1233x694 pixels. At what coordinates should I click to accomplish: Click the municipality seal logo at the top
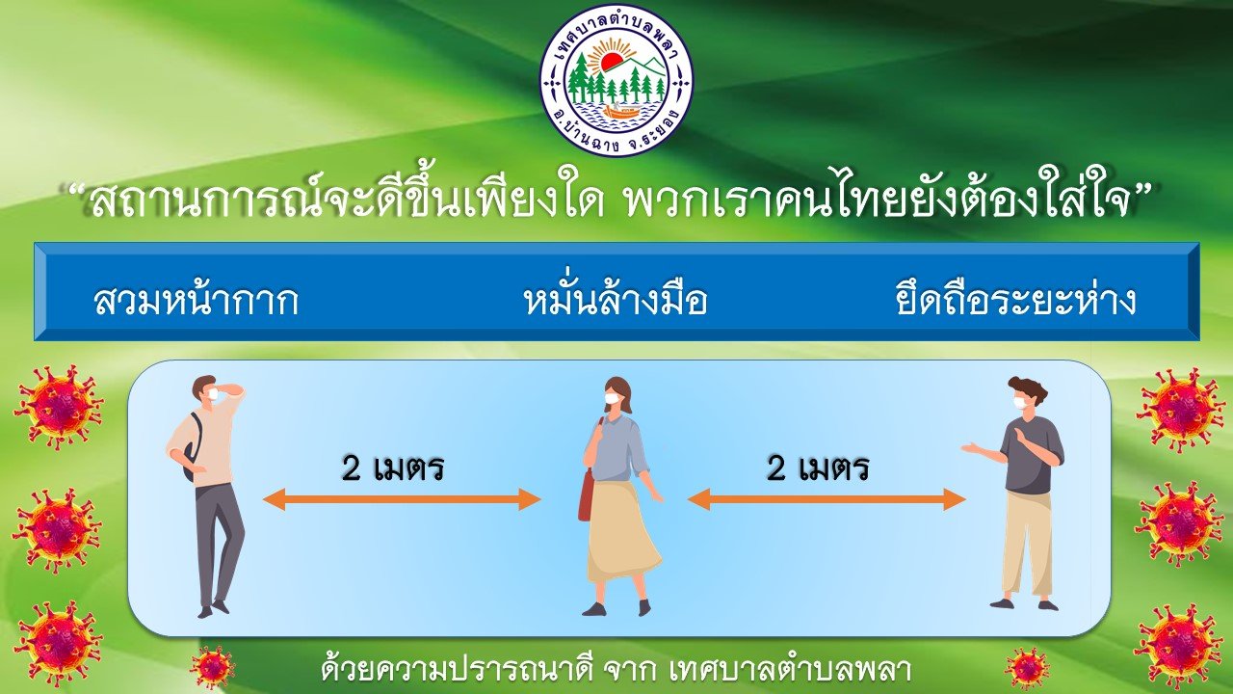coord(616,78)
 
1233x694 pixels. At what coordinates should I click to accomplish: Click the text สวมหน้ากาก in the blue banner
coord(197,300)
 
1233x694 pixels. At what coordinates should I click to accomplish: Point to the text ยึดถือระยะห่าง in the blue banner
coord(1016,300)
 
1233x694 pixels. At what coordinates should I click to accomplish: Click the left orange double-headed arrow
coord(402,499)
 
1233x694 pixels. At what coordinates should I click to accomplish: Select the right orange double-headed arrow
coord(826,499)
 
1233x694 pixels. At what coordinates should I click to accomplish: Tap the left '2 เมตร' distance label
coord(392,468)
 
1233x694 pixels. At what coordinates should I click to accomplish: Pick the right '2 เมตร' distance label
coord(818,468)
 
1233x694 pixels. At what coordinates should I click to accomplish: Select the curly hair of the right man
coord(1028,388)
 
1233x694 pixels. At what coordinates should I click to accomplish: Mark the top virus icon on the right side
coord(1181,411)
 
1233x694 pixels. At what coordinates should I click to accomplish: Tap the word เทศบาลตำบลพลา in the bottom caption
coord(791,670)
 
